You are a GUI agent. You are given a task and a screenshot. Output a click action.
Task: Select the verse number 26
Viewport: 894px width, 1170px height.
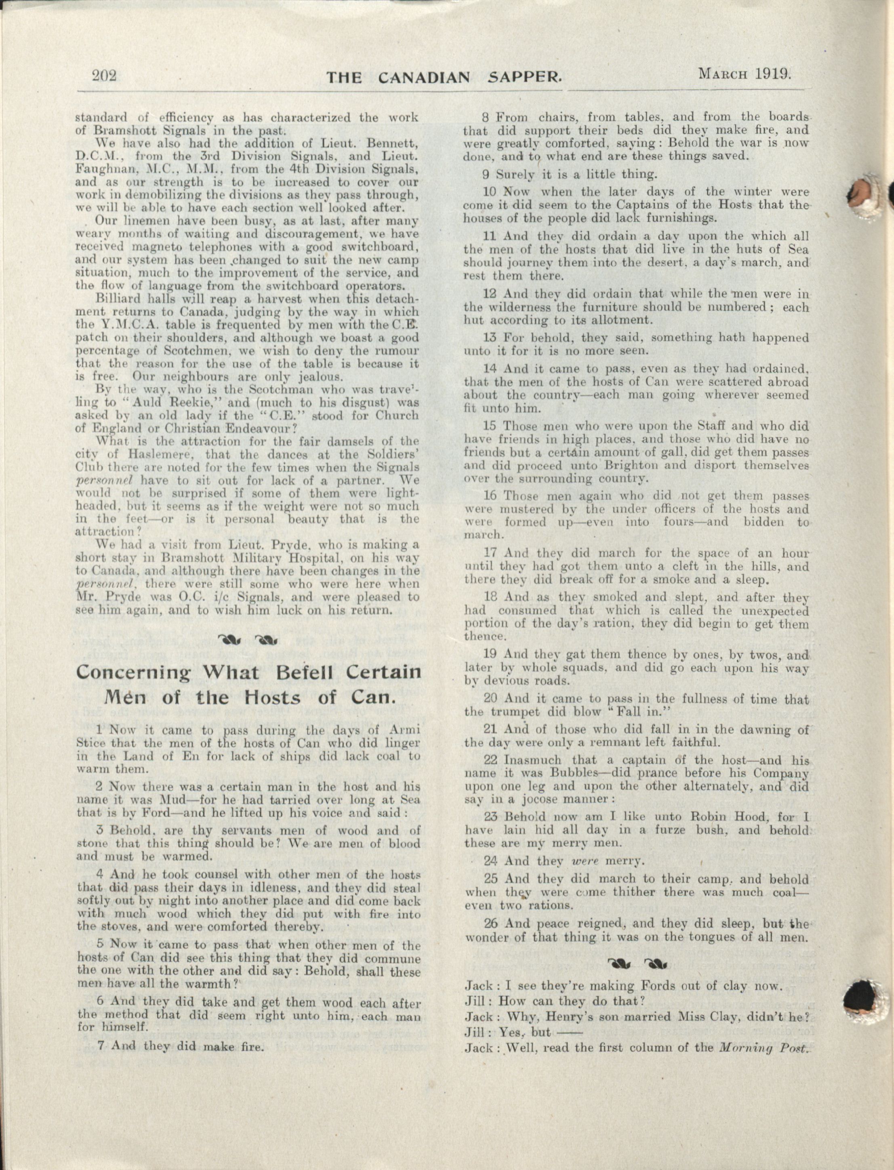491,924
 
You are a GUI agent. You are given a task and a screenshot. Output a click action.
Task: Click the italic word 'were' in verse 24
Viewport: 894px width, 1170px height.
583,860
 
